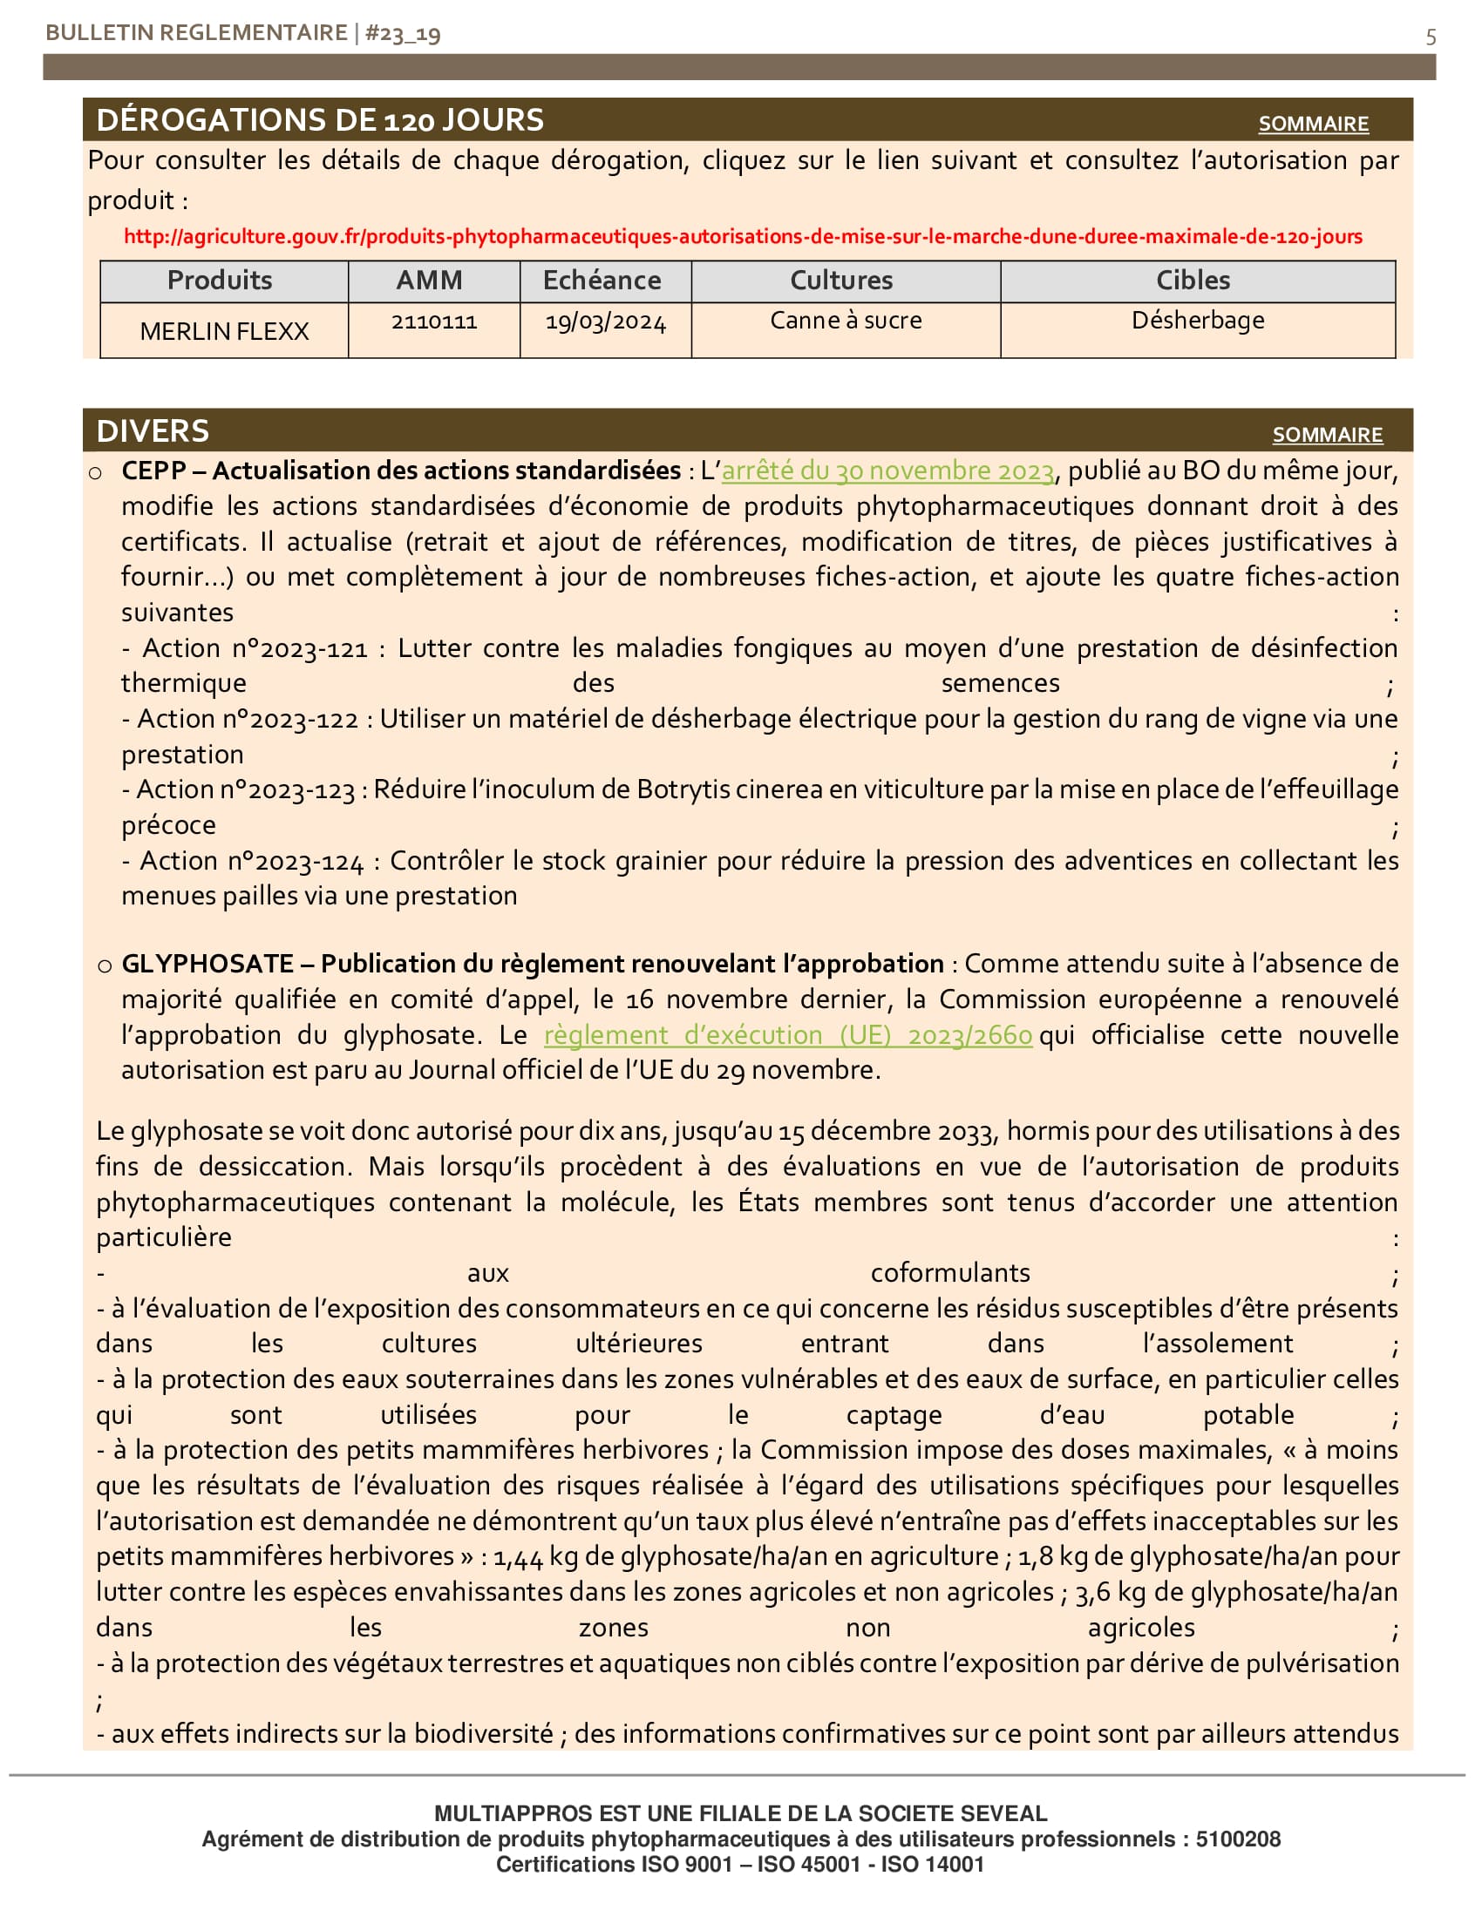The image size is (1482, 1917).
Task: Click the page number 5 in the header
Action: pyautogui.click(x=1431, y=37)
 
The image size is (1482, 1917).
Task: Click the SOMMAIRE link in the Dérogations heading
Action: pyautogui.click(x=1313, y=124)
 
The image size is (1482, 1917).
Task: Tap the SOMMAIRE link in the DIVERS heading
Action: pyautogui.click(x=1327, y=435)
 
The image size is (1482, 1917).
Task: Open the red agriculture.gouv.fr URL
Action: pyautogui.click(x=742, y=236)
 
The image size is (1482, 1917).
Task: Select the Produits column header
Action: pyautogui.click(x=220, y=280)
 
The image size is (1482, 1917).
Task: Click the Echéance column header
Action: pyautogui.click(x=602, y=280)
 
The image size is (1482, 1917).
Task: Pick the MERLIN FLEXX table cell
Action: pyautogui.click(x=224, y=331)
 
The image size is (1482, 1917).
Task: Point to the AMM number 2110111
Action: pyautogui.click(x=434, y=322)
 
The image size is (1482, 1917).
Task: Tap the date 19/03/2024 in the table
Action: pyautogui.click(x=605, y=322)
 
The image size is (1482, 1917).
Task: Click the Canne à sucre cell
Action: pyautogui.click(x=846, y=321)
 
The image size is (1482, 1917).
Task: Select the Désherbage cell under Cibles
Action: pyautogui.click(x=1198, y=321)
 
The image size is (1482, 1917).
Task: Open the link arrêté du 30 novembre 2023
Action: pyautogui.click(x=887, y=471)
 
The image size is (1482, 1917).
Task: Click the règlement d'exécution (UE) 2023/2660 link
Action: pyautogui.click(x=787, y=1035)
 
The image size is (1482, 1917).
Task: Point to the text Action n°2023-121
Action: pyautogui.click(x=255, y=648)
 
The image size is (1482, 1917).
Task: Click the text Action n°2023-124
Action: pyautogui.click(x=251, y=861)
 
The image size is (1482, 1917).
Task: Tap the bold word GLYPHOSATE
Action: pyautogui.click(x=207, y=964)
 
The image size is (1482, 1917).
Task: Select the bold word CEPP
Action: pyautogui.click(x=153, y=471)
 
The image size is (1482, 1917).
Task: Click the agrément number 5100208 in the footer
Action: pyautogui.click(x=1237, y=1839)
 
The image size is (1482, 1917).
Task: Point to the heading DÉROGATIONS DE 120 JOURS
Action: pyautogui.click(x=320, y=120)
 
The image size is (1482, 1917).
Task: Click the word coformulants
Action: pyautogui.click(x=950, y=1273)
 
